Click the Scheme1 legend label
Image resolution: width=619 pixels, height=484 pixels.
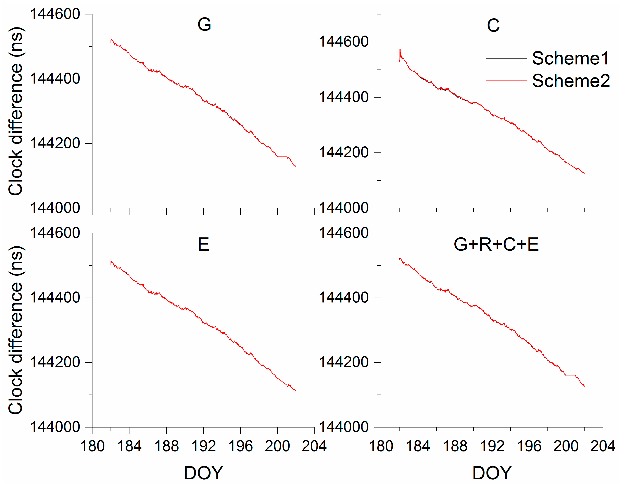[x=570, y=58]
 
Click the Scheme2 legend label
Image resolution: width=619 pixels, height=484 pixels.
[x=571, y=81]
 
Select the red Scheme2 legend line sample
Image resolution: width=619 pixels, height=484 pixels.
[x=506, y=81]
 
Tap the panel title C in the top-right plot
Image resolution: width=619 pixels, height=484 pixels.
[x=493, y=26]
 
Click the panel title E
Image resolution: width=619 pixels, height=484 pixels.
[x=203, y=244]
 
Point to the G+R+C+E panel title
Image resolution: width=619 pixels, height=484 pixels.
[x=496, y=244]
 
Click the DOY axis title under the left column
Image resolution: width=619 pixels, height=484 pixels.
[x=203, y=473]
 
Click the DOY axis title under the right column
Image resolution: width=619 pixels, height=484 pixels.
[x=492, y=473]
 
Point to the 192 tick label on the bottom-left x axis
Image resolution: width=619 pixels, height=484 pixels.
[x=203, y=446]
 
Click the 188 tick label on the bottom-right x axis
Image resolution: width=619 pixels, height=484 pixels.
[x=455, y=446]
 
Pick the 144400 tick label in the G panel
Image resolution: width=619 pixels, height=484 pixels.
[x=55, y=78]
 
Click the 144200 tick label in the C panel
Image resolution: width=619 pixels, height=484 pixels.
[x=343, y=152]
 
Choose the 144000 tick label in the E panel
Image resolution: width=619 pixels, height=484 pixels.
[x=55, y=427]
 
